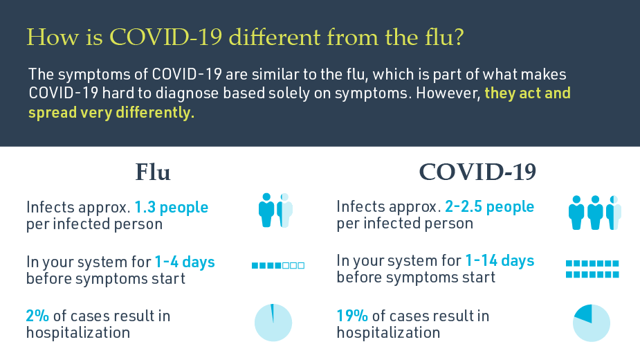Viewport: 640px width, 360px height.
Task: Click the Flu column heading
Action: pyautogui.click(x=152, y=172)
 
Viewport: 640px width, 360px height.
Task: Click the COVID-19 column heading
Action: pyautogui.click(x=477, y=172)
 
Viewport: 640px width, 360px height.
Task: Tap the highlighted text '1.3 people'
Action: pyautogui.click(x=171, y=207)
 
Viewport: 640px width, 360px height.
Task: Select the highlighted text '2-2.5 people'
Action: pyautogui.click(x=489, y=207)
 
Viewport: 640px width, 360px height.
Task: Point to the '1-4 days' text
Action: pyautogui.click(x=184, y=262)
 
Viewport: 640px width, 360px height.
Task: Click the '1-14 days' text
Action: pyautogui.click(x=500, y=261)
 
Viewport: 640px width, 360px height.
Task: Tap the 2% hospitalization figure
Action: pyautogui.click(x=37, y=316)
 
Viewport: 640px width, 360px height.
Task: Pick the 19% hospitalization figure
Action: pyautogui.click(x=352, y=316)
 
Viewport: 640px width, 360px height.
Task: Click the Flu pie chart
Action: pyautogui.click(x=273, y=323)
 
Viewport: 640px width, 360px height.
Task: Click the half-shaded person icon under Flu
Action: pyautogui.click(x=285, y=210)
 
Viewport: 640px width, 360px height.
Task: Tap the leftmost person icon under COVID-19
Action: pyautogui.click(x=576, y=212)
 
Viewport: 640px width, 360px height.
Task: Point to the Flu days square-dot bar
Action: pyautogui.click(x=277, y=265)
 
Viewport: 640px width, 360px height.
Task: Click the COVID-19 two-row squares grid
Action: pyautogui.click(x=592, y=269)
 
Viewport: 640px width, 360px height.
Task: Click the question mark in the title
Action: pyautogui.click(x=459, y=38)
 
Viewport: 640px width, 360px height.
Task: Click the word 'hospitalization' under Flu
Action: pyautogui.click(x=78, y=332)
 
